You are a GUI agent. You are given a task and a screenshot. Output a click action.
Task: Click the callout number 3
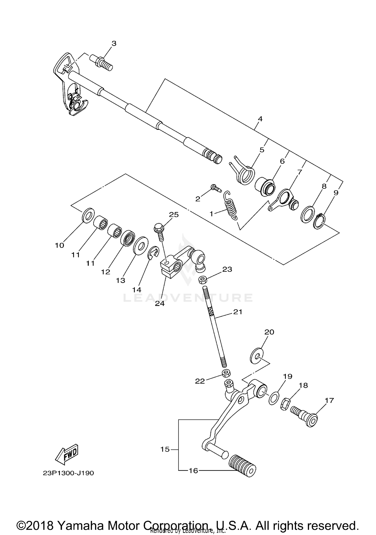point(114,43)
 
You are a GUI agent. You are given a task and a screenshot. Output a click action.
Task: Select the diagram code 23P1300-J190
point(68,473)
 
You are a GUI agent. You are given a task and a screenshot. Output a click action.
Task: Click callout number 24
point(160,303)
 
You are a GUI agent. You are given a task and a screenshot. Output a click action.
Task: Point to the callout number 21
point(238,312)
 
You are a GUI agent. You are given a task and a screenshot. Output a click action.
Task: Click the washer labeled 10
point(88,215)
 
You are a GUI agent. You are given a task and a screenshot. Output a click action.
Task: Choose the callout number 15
point(165,449)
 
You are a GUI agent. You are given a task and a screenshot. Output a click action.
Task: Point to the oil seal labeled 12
point(128,238)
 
